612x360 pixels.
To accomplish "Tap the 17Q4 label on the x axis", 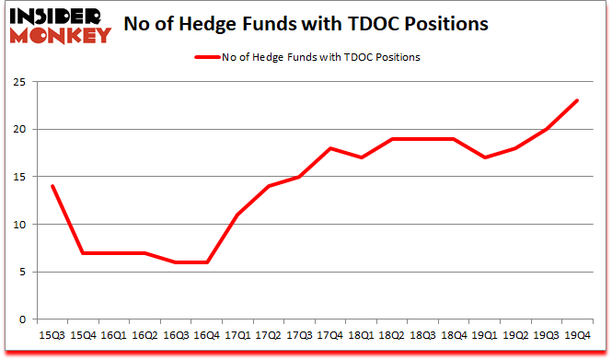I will pos(329,336).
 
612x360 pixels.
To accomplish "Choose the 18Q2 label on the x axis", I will pos(391,336).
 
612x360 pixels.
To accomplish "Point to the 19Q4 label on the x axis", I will pos(578,336).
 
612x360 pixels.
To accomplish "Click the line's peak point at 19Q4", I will pos(578,100).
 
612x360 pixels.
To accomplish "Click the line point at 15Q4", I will pos(83,253).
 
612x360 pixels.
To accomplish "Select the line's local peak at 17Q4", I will pos(329,147).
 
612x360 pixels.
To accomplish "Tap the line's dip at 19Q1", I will pos(485,157).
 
